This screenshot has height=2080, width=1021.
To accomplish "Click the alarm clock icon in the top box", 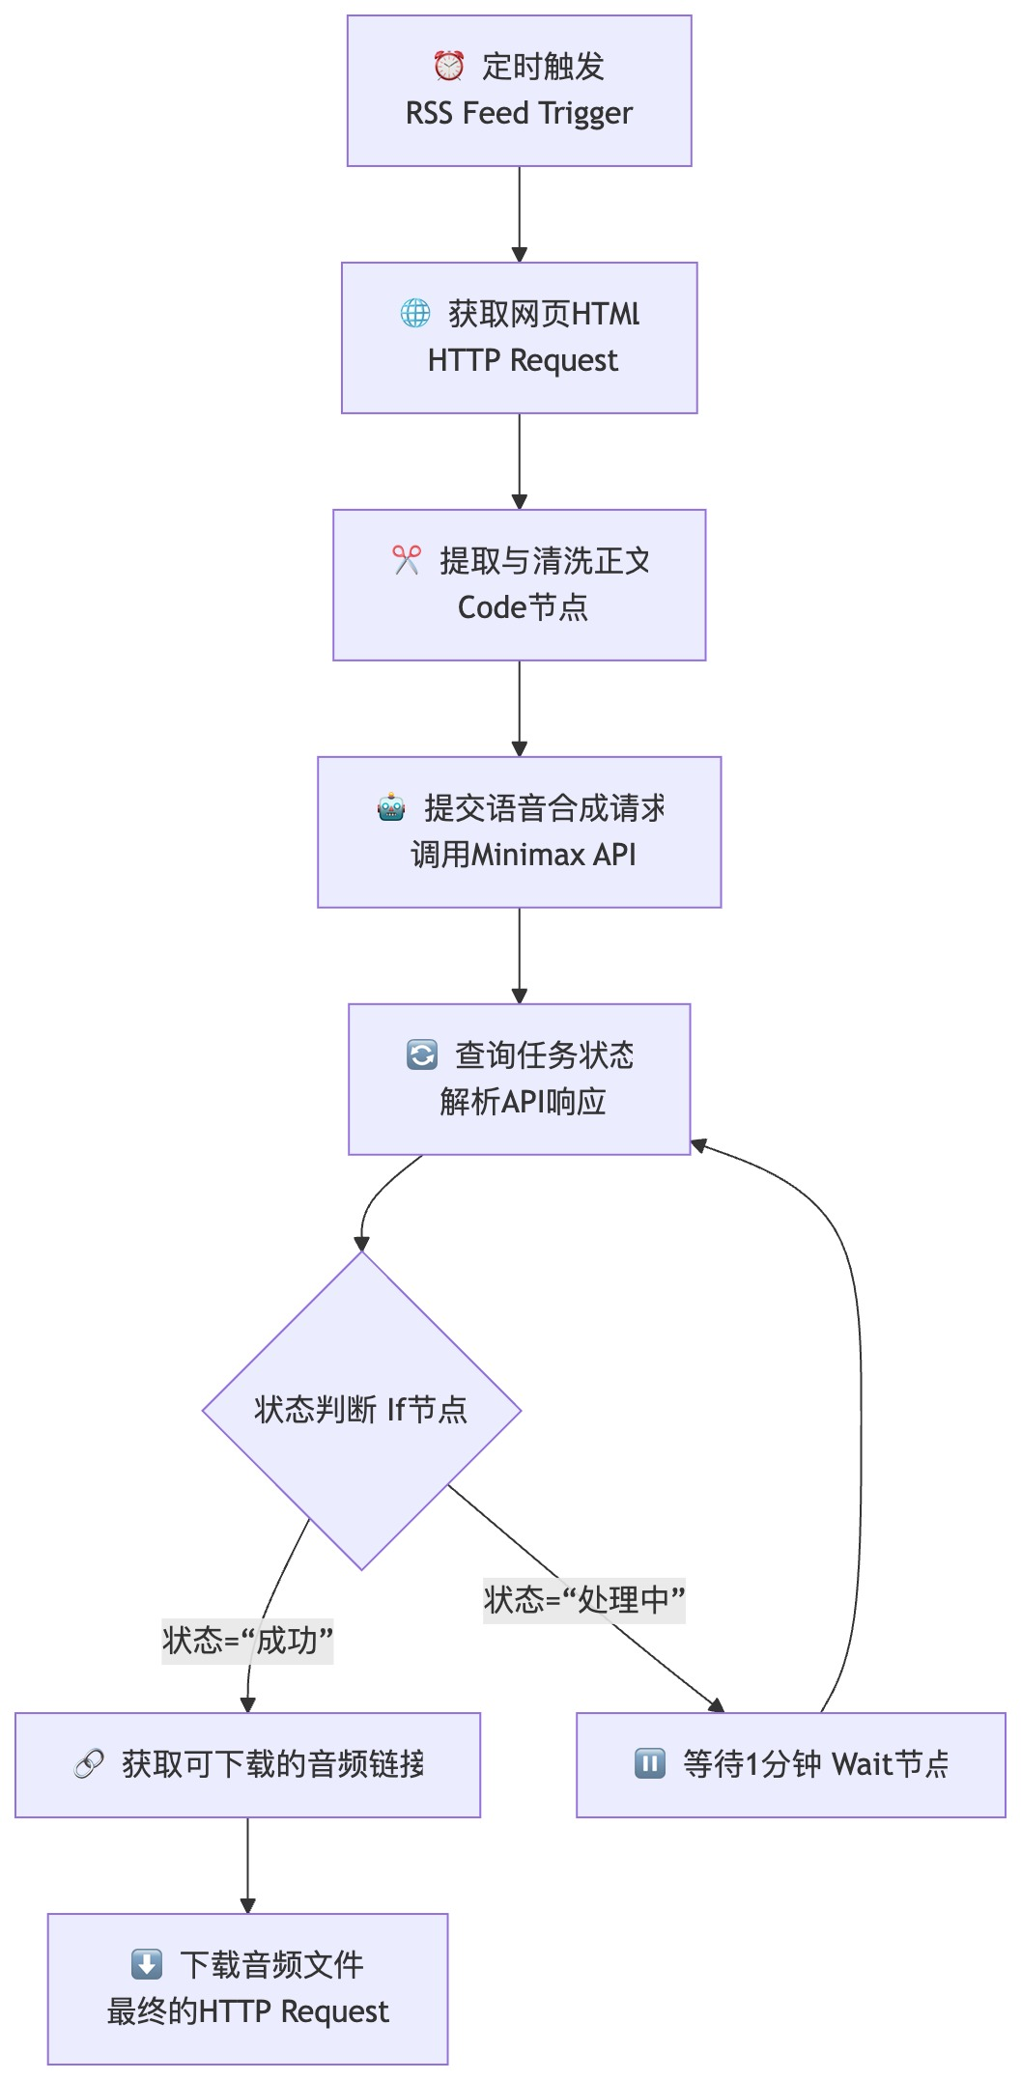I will click(x=448, y=67).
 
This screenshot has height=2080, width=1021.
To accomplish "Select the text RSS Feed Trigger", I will click(x=519, y=114).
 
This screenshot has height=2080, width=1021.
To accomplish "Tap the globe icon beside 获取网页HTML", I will click(x=415, y=313).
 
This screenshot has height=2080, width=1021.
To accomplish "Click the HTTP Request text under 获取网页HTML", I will click(x=523, y=361).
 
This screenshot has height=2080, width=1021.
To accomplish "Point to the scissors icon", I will click(x=407, y=560).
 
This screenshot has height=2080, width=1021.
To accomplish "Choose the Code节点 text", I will click(x=523, y=607).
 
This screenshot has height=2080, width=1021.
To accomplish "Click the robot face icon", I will click(x=391, y=807).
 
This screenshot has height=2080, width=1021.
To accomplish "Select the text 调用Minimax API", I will click(x=523, y=855).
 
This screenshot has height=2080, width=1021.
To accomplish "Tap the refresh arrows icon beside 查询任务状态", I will click(x=422, y=1054).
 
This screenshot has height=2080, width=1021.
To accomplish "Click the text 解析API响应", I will click(x=523, y=1102).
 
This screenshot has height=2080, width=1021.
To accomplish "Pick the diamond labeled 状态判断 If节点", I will click(x=361, y=1411).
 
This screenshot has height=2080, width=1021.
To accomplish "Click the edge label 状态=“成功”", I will click(x=247, y=1641).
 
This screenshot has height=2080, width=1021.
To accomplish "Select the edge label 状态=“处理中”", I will click(x=584, y=1600).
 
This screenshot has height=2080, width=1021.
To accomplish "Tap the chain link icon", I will click(x=89, y=1765).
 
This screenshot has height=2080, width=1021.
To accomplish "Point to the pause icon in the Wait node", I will click(x=649, y=1764).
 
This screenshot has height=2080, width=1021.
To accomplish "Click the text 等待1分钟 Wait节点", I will click(x=816, y=1765).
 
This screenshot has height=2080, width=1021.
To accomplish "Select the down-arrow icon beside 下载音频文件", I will click(x=147, y=1964).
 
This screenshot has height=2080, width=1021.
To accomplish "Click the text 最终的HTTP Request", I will click(x=247, y=2012).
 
